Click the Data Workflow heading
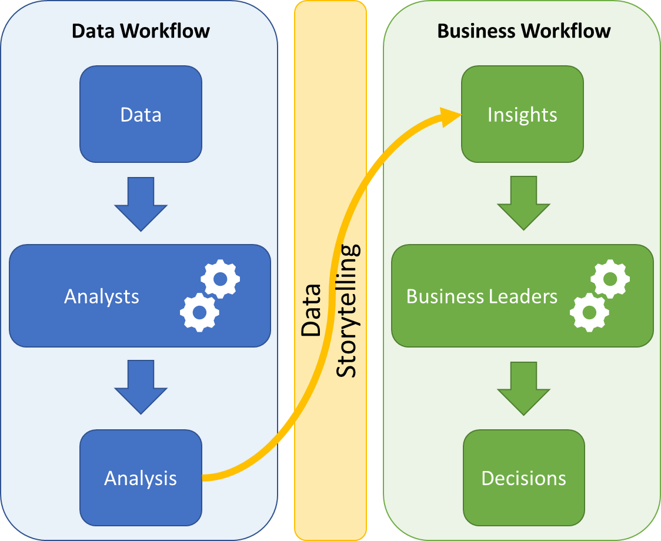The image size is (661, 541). (x=141, y=31)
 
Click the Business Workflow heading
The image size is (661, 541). (x=523, y=31)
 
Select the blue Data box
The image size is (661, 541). (x=141, y=114)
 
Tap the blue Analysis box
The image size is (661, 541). (x=141, y=477)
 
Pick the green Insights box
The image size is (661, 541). (x=522, y=114)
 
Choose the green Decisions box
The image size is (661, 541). (x=523, y=477)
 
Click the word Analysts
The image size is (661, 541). (x=102, y=296)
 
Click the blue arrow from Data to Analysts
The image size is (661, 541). (x=141, y=203)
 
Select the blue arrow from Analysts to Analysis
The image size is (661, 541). (x=141, y=388)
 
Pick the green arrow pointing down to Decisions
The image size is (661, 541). (x=523, y=388)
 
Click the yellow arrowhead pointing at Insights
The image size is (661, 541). (x=450, y=116)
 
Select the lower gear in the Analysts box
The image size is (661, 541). (x=199, y=312)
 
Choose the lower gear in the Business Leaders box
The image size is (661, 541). (x=589, y=312)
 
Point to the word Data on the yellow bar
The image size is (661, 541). (x=311, y=310)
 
